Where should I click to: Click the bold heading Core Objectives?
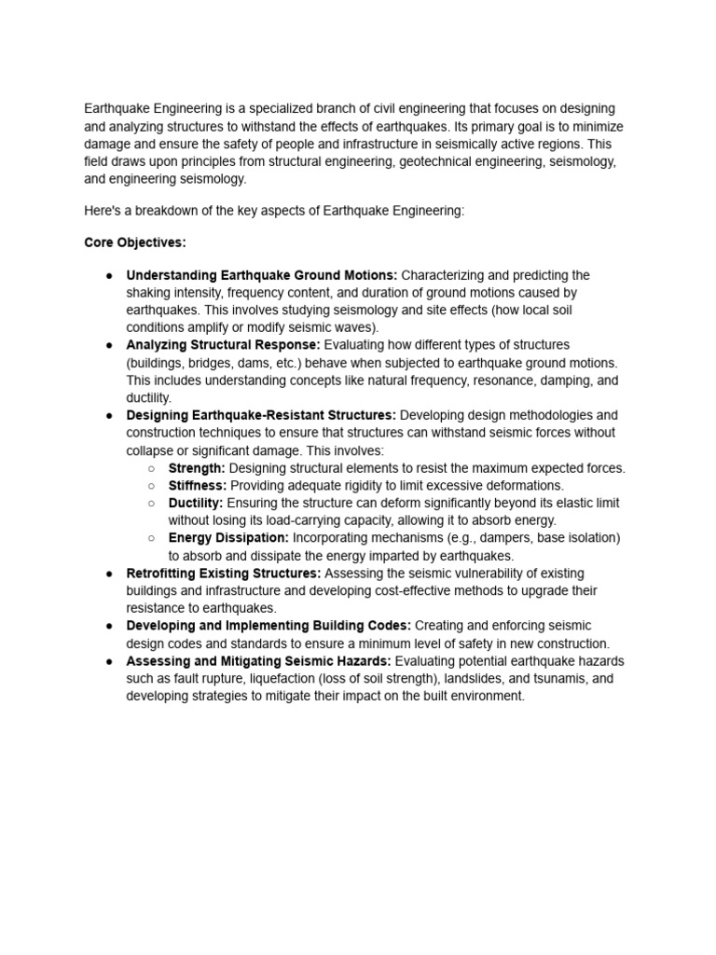click(135, 242)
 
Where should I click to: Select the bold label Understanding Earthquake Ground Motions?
click(262, 275)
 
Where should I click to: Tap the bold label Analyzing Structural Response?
click(223, 345)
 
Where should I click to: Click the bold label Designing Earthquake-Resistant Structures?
click(261, 415)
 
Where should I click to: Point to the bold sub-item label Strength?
click(197, 468)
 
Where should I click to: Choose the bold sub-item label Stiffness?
click(197, 486)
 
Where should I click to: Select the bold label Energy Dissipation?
click(228, 538)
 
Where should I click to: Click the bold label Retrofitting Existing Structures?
click(224, 574)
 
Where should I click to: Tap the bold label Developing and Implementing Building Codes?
click(268, 626)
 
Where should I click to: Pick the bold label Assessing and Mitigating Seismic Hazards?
click(258, 661)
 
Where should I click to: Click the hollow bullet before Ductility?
click(152, 504)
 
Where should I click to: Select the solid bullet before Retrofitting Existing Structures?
click(109, 574)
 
